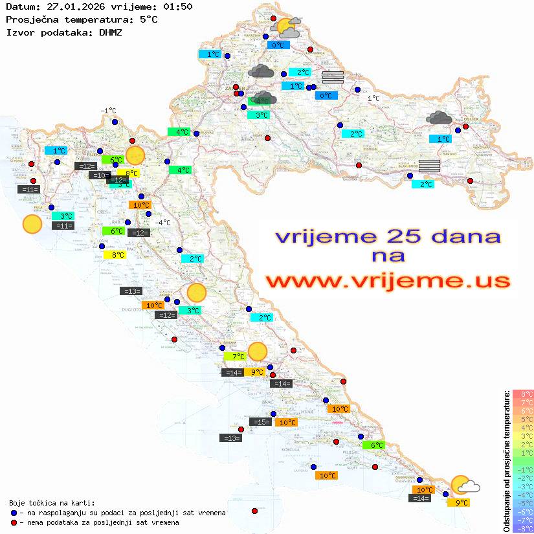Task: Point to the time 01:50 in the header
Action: (x=177, y=7)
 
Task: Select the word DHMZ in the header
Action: (x=110, y=31)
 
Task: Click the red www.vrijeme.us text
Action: (x=388, y=280)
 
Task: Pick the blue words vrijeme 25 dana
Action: (x=388, y=236)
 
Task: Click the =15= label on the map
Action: (x=260, y=422)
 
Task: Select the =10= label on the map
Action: (x=100, y=175)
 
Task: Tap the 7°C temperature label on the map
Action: (x=235, y=356)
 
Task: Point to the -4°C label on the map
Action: (x=162, y=223)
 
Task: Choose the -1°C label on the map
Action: (x=108, y=111)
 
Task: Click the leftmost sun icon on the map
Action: (x=32, y=225)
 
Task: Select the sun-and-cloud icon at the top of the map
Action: (x=287, y=28)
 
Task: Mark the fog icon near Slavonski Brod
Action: (x=430, y=165)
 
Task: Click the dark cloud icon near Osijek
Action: (x=439, y=117)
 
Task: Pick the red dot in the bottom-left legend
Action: (x=14, y=522)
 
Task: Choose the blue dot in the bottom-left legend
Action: (x=14, y=513)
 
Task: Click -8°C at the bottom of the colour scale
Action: (x=523, y=529)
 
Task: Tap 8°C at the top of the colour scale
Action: (x=523, y=394)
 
